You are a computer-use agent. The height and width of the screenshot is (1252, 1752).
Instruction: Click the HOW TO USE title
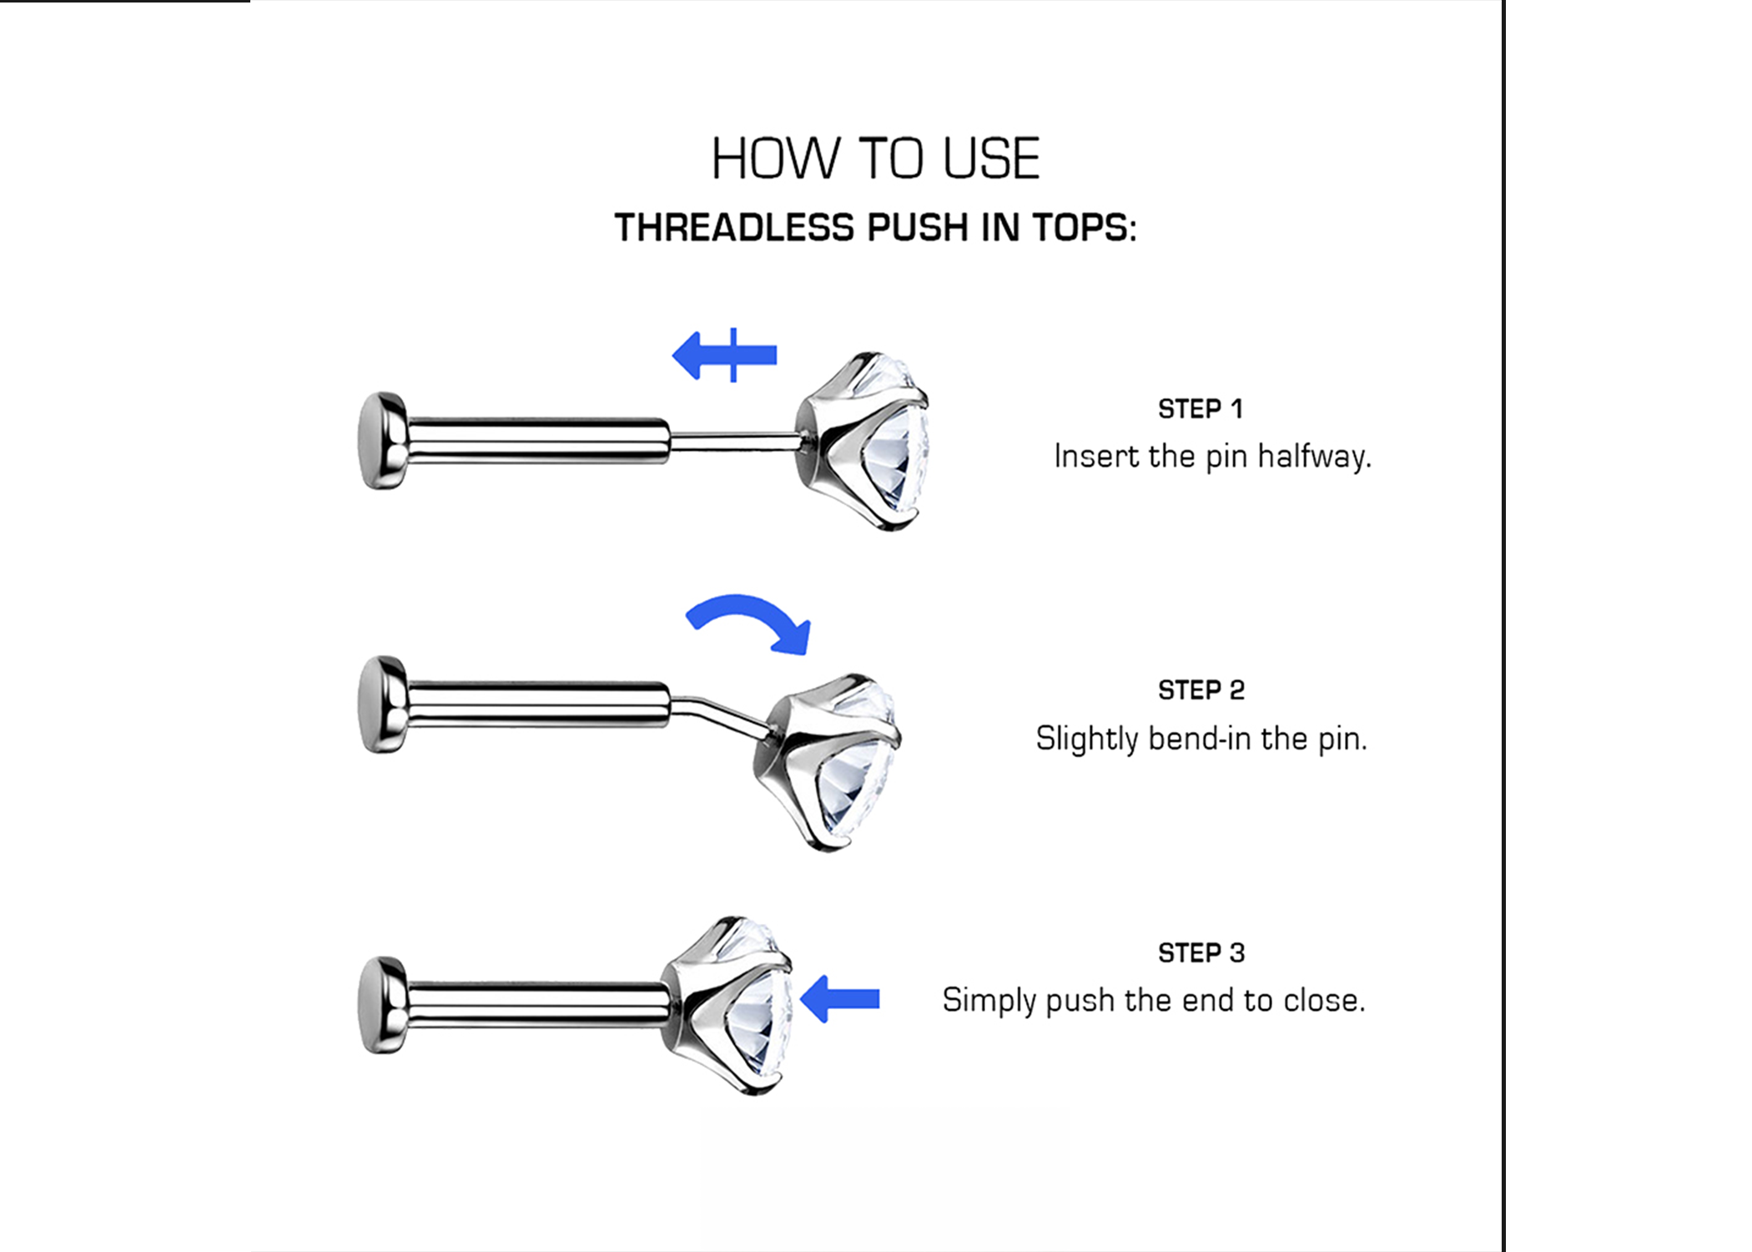[x=875, y=159]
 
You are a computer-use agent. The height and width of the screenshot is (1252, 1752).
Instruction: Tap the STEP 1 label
[x=1201, y=409]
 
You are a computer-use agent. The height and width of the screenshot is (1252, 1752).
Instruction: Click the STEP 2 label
[x=1201, y=690]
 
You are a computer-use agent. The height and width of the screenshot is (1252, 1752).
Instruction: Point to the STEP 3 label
[x=1201, y=953]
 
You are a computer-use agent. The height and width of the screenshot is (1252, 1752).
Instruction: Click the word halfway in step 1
[x=1314, y=457]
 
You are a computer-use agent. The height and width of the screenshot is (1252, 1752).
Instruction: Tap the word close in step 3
[x=1324, y=1000]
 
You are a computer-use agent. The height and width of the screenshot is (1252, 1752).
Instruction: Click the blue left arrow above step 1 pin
[x=724, y=356]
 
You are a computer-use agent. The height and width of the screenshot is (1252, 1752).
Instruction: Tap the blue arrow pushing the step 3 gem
[x=839, y=998]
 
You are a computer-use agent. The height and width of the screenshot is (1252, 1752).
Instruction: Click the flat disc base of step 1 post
[x=383, y=440]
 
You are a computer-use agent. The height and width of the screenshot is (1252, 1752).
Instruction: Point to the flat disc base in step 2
[x=383, y=704]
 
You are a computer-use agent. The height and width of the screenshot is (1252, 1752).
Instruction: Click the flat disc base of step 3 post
[x=383, y=1005]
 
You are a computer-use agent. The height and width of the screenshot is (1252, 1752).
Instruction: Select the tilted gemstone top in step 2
[x=828, y=762]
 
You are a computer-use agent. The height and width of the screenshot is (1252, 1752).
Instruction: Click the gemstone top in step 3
[x=727, y=1005]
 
